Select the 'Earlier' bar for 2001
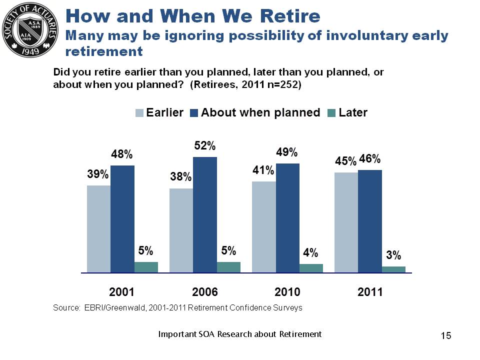98,229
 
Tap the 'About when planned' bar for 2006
205,215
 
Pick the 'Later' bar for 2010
311,268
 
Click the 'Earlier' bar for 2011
346,222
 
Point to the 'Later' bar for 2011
393,269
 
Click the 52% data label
205,146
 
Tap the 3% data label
393,255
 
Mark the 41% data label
263,170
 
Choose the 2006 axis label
205,292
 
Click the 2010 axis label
287,292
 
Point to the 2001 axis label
122,292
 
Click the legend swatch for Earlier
140,113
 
